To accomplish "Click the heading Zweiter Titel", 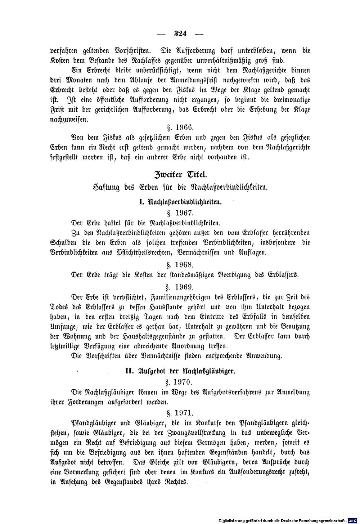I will [180, 175].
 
